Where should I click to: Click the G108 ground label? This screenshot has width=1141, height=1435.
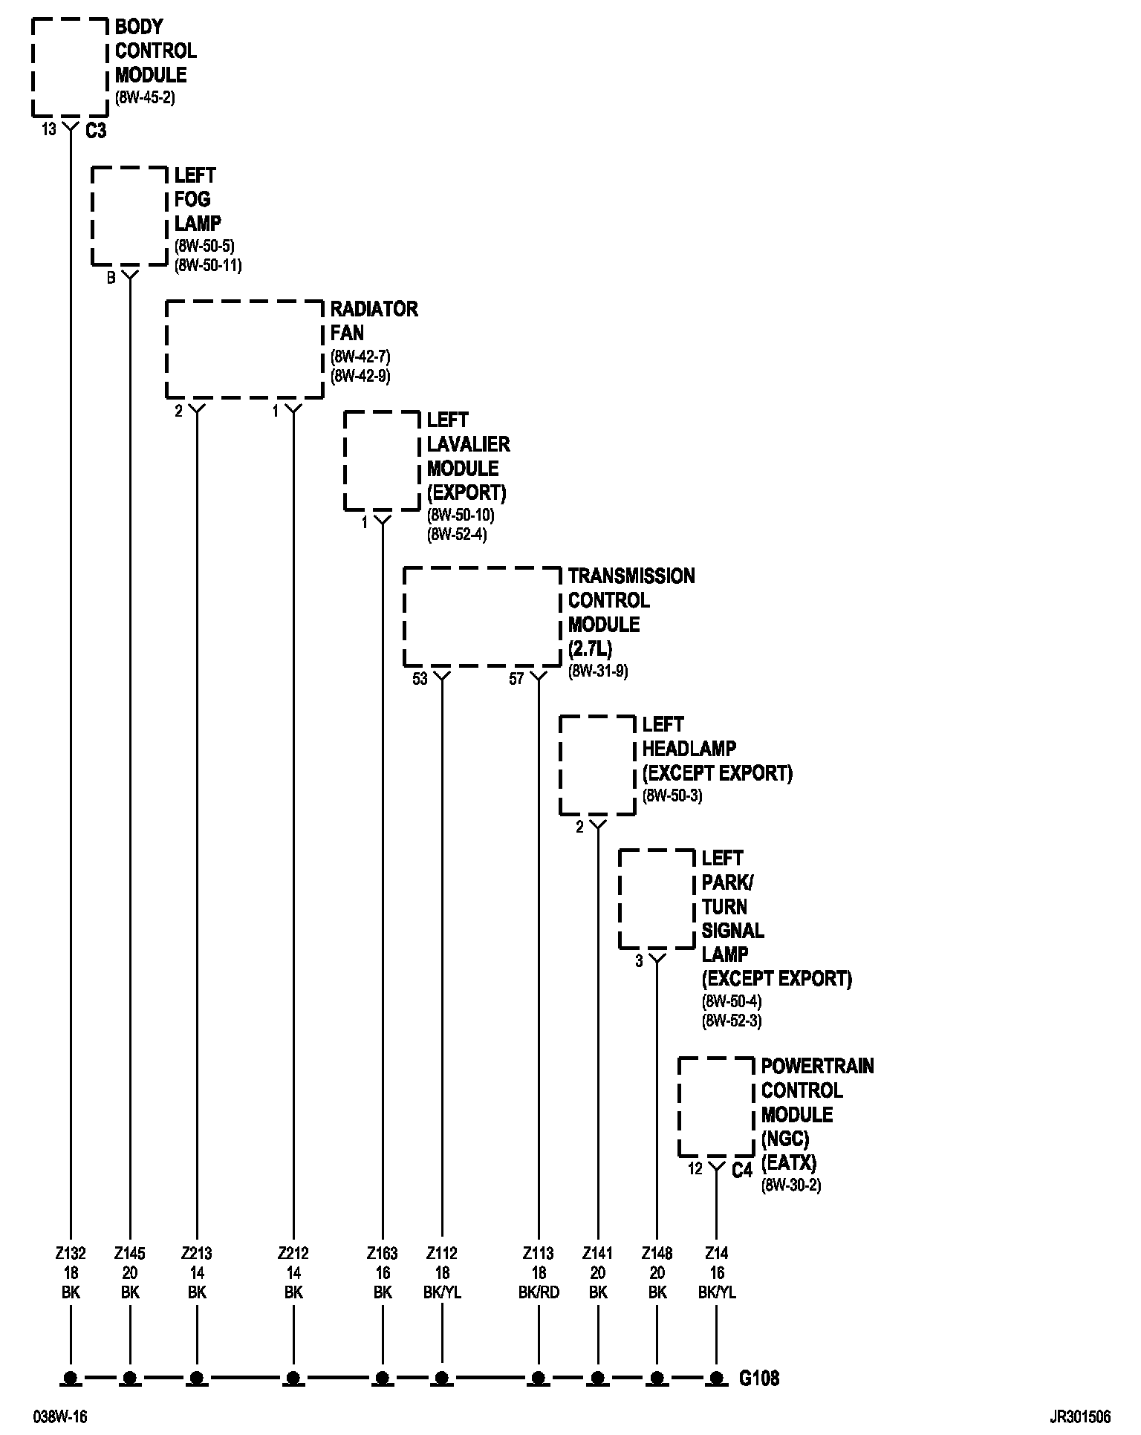tap(759, 1379)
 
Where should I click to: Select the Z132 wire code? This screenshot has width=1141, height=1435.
tap(71, 1254)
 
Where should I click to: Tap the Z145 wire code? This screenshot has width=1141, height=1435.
tap(130, 1254)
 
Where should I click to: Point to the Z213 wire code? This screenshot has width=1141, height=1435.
tap(197, 1254)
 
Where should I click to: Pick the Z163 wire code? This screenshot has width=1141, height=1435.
tap(383, 1254)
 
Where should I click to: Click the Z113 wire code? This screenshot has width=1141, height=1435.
tap(539, 1254)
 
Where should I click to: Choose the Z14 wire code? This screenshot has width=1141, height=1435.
tap(717, 1254)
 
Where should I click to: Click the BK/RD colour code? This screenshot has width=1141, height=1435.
tap(539, 1292)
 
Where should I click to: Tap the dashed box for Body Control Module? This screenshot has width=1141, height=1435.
tap(71, 67)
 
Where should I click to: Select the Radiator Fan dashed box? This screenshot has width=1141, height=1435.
tap(244, 349)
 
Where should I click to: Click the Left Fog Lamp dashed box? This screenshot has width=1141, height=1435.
tap(129, 215)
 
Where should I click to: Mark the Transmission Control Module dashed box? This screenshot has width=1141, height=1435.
tap(482, 616)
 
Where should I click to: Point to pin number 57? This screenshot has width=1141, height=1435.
tap(516, 679)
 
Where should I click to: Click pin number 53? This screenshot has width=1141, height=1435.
tap(420, 679)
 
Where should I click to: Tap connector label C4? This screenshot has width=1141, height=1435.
tap(742, 1171)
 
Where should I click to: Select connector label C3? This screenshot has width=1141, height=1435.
tap(96, 131)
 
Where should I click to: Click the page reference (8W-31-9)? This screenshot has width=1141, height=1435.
tap(598, 671)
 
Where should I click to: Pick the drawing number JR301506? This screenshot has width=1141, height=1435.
tap(1079, 1416)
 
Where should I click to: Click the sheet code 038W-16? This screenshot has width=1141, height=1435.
tap(59, 1416)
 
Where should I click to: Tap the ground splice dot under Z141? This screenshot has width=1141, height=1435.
tap(598, 1379)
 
